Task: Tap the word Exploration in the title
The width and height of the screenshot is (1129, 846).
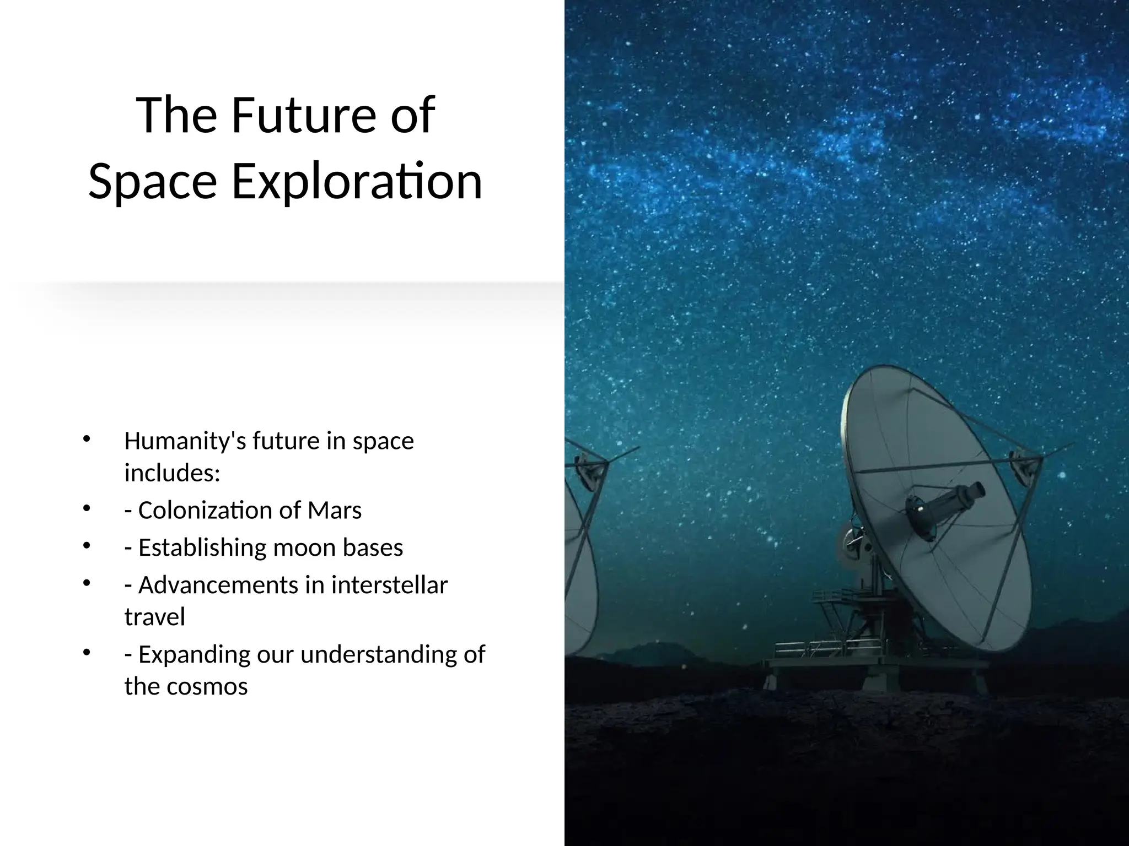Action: tap(357, 182)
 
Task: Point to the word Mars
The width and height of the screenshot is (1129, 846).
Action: tap(335, 510)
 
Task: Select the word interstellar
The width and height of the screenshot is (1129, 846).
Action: tap(389, 585)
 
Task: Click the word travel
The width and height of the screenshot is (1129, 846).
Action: tap(154, 617)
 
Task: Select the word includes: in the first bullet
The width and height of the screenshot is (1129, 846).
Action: tap(172, 473)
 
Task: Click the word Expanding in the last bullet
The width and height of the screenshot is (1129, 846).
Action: tap(190, 654)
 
